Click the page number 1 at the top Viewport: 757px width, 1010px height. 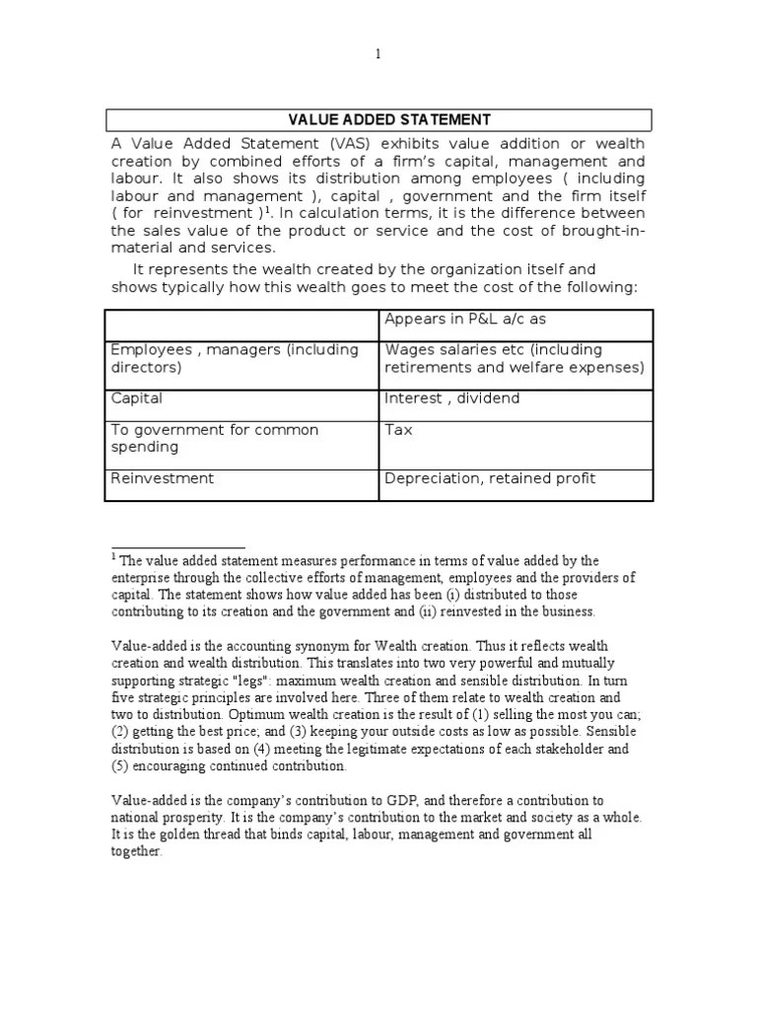coord(378,54)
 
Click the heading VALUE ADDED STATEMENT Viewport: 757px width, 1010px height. coord(388,120)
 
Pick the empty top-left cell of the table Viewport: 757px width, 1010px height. coord(241,324)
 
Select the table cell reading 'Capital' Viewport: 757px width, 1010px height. coord(137,398)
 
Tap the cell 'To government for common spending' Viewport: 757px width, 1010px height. coord(215,439)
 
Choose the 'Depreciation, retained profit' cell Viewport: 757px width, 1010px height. coord(490,478)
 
